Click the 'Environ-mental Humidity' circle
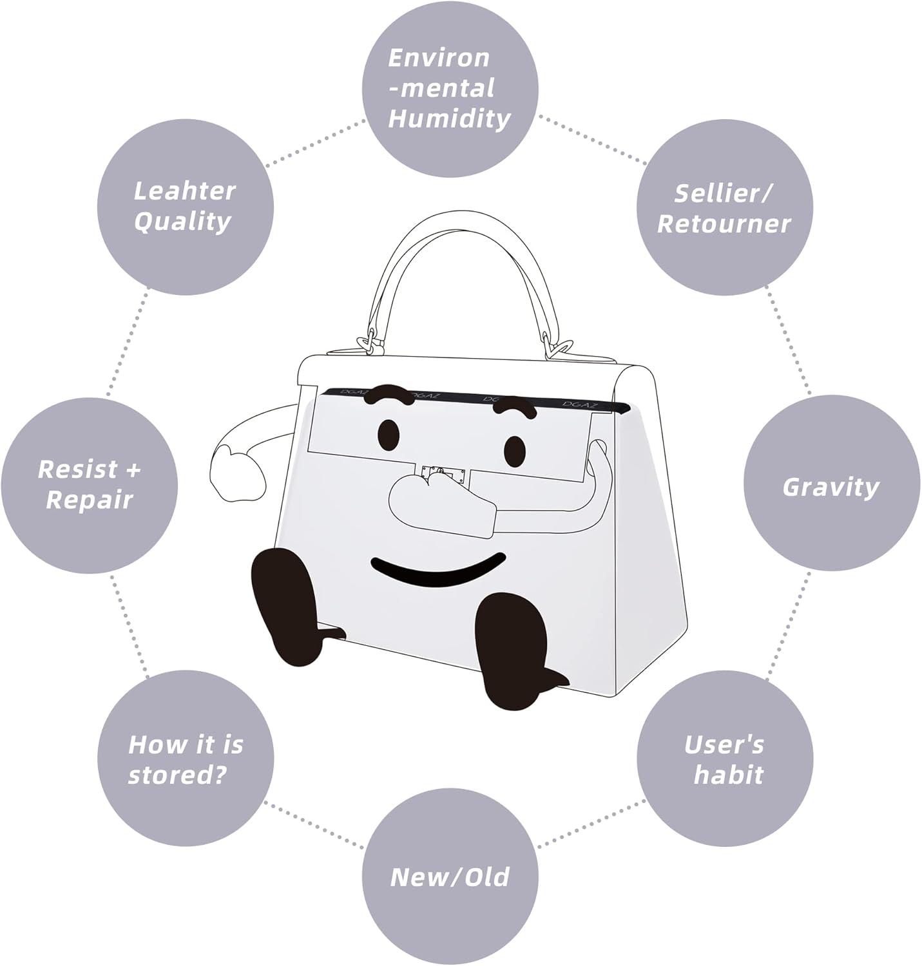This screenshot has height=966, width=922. (450, 89)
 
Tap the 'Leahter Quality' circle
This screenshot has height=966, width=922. (186, 207)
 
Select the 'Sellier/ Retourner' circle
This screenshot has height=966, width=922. (724, 208)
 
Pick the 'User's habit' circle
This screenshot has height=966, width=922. (725, 759)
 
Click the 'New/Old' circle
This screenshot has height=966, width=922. (450, 876)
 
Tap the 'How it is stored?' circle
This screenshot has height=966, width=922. (186, 759)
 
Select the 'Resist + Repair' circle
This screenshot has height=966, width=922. (89, 485)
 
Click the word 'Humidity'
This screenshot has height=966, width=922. (450, 119)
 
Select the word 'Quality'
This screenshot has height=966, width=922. (183, 222)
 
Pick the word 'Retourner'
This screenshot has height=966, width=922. (724, 224)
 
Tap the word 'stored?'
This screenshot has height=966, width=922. (178, 775)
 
